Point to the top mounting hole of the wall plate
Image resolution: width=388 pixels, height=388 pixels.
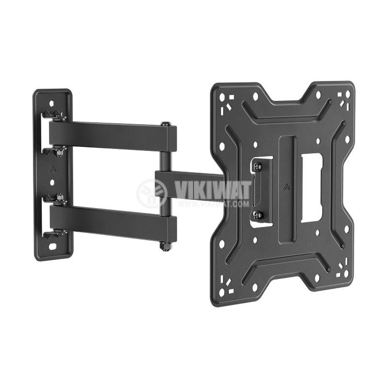(x=51, y=103)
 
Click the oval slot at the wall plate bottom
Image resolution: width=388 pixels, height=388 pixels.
(x=52, y=247)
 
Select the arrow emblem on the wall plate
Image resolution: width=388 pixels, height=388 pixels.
(x=52, y=169)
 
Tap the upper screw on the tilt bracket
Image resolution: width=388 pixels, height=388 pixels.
(x=258, y=166)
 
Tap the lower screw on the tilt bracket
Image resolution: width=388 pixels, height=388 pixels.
(x=259, y=215)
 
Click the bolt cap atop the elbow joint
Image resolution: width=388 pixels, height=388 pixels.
(x=165, y=124)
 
